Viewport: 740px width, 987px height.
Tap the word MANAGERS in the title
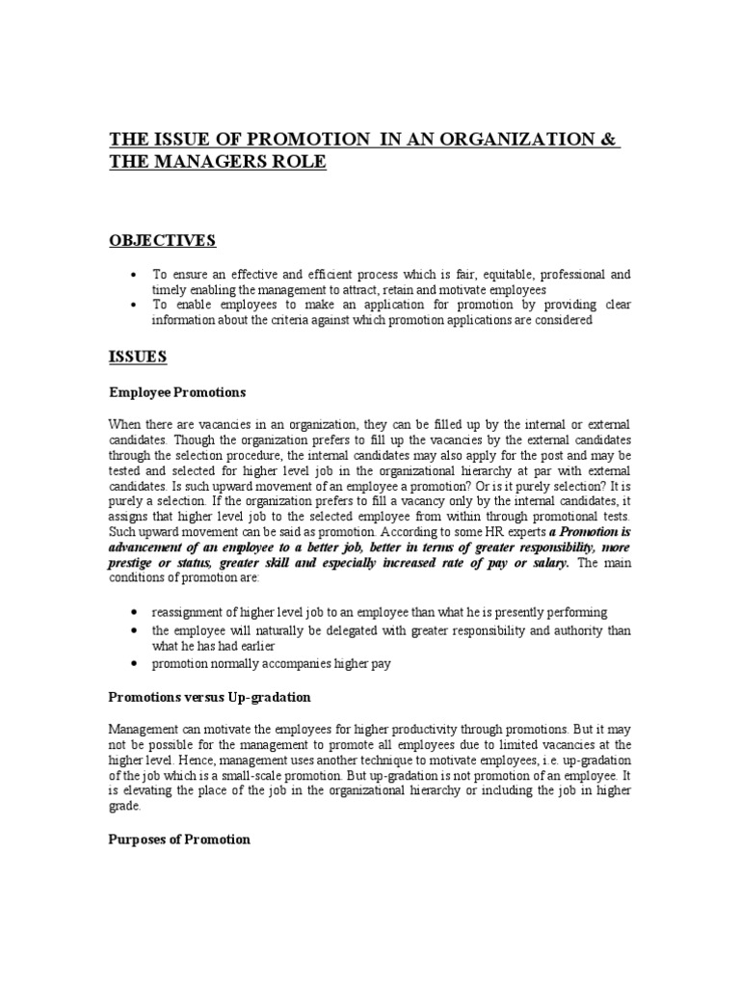click(205, 162)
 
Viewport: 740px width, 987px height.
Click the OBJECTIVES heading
click(162, 240)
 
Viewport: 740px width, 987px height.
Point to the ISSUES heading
click(137, 357)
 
